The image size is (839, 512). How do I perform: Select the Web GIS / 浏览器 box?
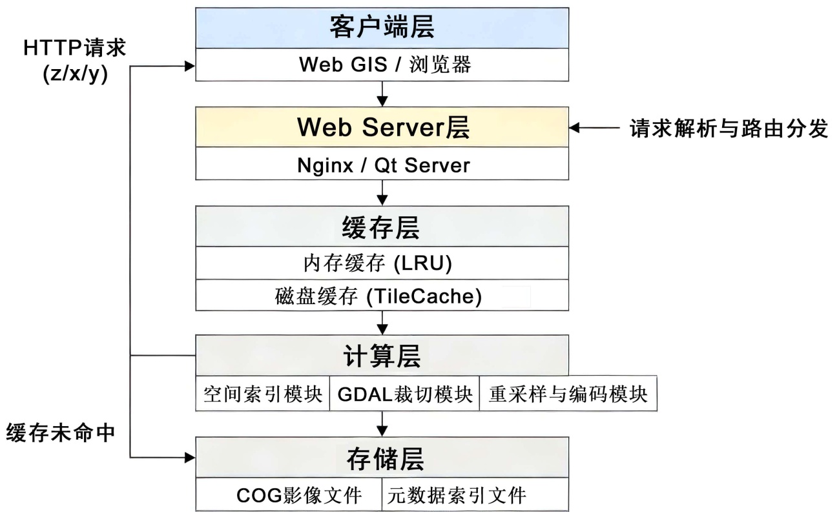click(382, 65)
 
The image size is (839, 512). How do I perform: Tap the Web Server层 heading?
click(382, 127)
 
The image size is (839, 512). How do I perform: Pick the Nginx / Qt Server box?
click(382, 165)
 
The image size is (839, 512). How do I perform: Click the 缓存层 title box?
click(382, 227)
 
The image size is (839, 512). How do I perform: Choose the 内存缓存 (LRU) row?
click(382, 263)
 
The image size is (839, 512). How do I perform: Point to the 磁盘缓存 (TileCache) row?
click(382, 296)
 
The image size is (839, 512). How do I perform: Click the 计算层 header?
click(382, 355)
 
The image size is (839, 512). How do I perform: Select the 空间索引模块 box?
click(262, 394)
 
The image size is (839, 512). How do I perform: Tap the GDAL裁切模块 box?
click(404, 394)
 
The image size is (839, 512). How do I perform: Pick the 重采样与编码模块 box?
click(568, 394)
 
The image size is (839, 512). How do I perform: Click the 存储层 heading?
click(382, 458)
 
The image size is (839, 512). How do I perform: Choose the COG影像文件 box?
click(289, 495)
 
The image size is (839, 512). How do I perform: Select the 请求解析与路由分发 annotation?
click(729, 128)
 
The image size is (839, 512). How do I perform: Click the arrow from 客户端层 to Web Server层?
click(382, 94)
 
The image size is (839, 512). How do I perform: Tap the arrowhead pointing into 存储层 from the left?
click(189, 457)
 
